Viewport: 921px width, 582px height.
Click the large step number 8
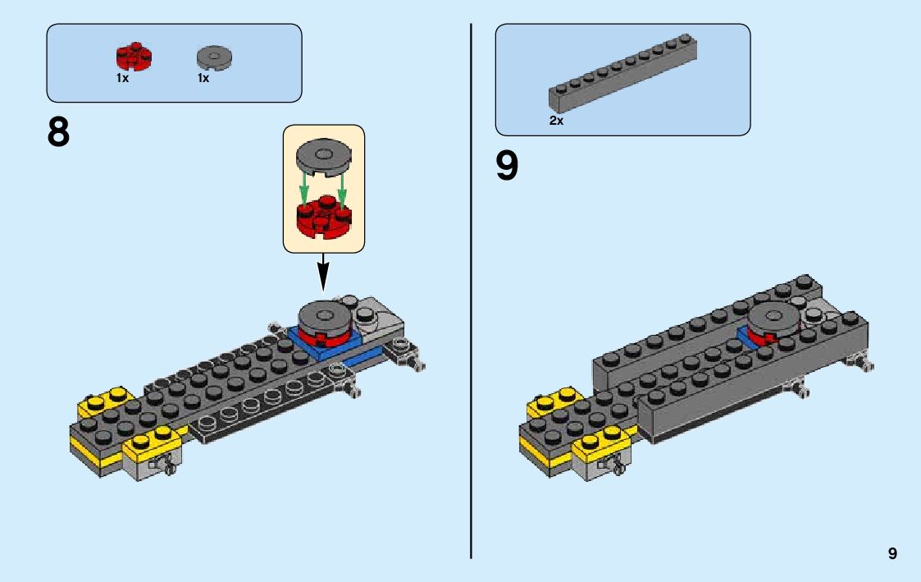coord(59,132)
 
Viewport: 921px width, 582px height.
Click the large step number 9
coord(508,166)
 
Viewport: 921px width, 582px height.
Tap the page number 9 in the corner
coord(892,554)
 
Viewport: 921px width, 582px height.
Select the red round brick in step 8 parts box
coord(135,57)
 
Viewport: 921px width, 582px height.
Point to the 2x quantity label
coord(556,121)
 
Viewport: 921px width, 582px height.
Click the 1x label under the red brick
coord(122,79)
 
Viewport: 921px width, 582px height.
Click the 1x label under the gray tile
coord(203,79)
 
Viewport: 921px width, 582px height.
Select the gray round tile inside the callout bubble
coord(323,156)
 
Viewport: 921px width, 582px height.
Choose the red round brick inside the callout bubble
coord(323,215)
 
